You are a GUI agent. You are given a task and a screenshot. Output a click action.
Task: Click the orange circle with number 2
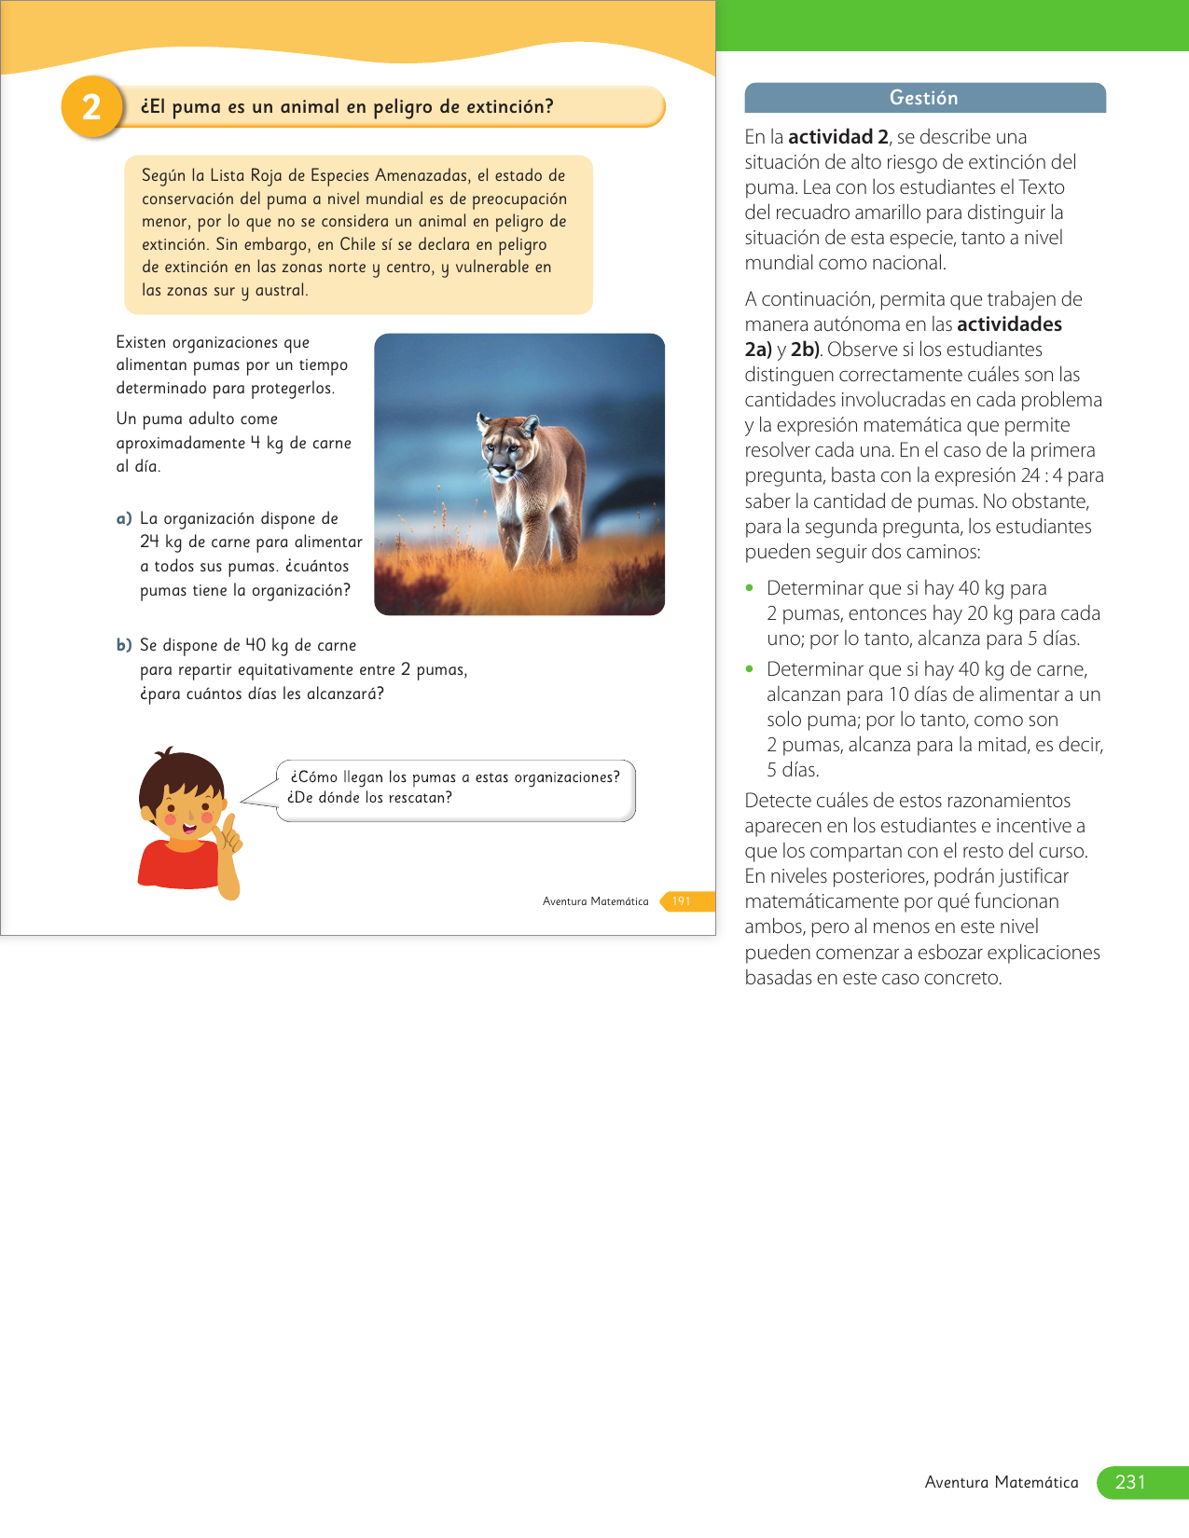[x=91, y=107]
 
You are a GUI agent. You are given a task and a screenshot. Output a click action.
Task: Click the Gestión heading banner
[x=924, y=98]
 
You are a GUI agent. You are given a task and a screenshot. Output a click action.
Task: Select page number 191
[x=682, y=901]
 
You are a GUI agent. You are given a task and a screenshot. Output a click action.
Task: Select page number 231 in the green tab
[x=1129, y=1482]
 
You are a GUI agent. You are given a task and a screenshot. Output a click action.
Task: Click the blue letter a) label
[x=124, y=518]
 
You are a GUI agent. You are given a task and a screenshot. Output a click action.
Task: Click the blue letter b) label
[x=124, y=645]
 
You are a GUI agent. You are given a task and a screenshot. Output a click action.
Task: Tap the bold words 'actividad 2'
[x=837, y=137]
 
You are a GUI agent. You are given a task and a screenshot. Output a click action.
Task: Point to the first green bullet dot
[x=749, y=588]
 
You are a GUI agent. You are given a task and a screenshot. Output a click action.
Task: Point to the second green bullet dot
[x=749, y=669]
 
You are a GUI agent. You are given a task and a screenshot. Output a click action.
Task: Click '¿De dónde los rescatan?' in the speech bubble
[x=369, y=798]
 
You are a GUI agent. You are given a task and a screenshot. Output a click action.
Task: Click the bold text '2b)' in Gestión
[x=805, y=350]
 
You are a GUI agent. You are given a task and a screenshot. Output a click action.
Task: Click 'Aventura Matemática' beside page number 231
[x=1001, y=1482]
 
